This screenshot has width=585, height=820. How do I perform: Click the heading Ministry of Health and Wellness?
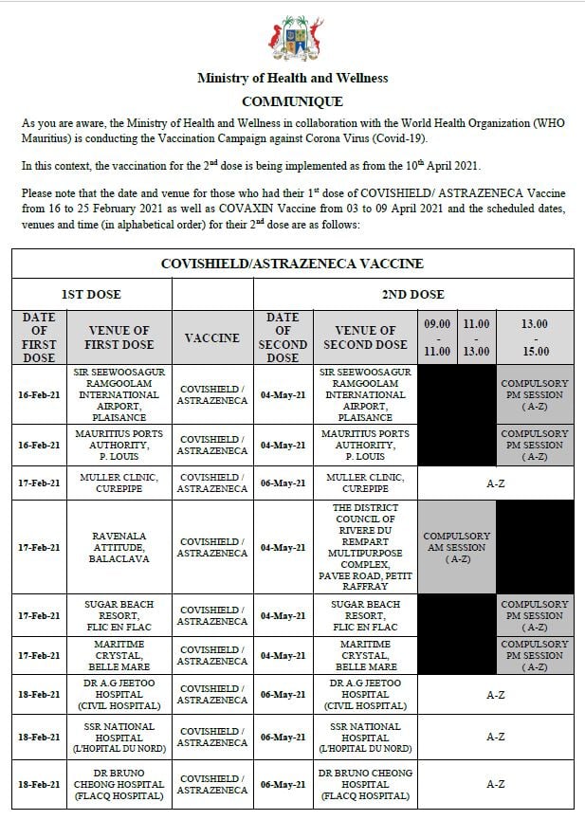point(292,79)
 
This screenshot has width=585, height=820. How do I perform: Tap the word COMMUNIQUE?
point(292,101)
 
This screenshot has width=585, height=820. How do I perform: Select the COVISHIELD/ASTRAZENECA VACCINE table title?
point(292,264)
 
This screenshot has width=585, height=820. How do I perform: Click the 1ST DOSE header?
point(91,295)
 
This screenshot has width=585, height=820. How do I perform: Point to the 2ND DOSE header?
point(412,295)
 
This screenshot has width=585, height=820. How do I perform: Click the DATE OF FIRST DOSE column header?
point(39,337)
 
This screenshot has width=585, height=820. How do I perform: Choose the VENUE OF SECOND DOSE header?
point(365,337)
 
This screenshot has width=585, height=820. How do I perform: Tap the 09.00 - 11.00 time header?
point(437,337)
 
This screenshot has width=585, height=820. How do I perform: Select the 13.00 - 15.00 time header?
point(535,337)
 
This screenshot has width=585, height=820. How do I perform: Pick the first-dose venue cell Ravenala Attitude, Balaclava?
point(119,547)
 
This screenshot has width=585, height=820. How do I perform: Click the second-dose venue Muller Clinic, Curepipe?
point(365,483)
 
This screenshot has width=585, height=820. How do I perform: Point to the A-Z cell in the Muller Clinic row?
point(495,483)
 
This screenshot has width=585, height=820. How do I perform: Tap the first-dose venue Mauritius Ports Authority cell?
point(119,445)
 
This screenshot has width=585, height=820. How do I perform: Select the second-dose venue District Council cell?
point(365,547)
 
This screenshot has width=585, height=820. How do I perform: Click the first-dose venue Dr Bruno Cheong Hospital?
point(119,785)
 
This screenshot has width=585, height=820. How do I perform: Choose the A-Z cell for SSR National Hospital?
point(495,737)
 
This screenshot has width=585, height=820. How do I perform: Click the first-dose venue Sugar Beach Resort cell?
point(119,616)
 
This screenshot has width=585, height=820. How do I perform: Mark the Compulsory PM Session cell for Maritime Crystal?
point(535,656)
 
